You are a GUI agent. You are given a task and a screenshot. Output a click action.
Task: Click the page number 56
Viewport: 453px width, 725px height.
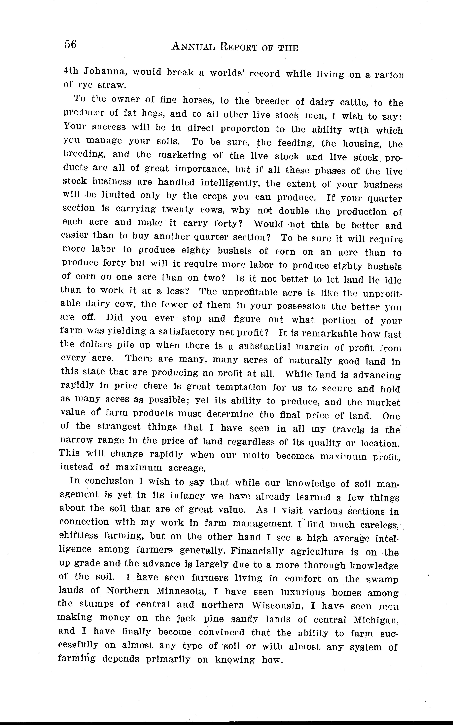[x=70, y=44]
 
